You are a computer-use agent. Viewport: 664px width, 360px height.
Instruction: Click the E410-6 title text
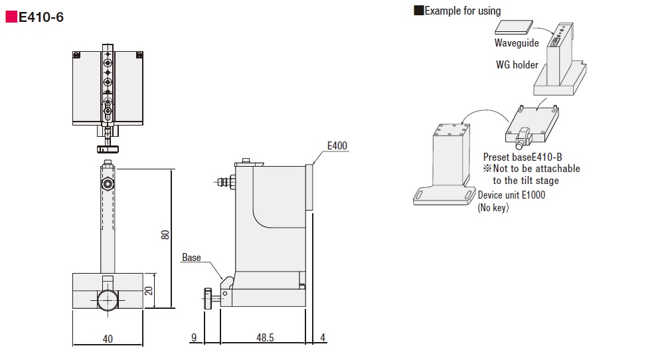41,17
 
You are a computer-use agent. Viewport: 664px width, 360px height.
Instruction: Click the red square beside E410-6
11,17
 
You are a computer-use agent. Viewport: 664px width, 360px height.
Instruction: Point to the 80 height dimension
165,234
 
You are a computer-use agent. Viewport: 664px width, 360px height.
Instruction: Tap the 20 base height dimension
149,290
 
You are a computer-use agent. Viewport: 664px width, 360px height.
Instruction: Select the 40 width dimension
108,339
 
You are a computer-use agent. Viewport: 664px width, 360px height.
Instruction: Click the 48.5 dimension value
265,337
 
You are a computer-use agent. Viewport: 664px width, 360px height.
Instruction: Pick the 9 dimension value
194,337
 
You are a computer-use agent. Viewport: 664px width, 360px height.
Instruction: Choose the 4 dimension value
323,337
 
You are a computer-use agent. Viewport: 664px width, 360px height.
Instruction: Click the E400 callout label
337,145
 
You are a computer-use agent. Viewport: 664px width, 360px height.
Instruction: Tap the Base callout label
191,258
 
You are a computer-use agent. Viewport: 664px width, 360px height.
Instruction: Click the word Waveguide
517,43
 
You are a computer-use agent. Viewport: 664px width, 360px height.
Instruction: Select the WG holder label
517,65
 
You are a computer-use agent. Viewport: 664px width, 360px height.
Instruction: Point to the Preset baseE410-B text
523,157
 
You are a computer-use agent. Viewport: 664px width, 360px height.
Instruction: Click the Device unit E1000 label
511,195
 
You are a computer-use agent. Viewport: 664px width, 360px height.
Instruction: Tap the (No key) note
493,207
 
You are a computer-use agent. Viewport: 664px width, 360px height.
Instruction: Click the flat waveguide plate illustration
514,27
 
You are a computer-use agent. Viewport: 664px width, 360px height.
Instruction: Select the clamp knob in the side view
207,299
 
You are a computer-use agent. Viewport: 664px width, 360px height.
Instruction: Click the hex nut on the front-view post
108,184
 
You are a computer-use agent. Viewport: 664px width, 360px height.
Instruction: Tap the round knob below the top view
108,149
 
